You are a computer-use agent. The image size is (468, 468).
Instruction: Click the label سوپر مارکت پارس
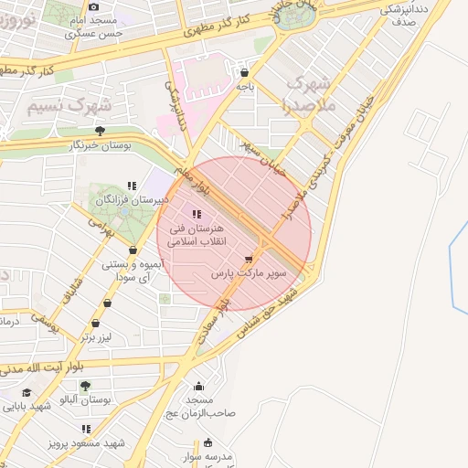coord(249,273)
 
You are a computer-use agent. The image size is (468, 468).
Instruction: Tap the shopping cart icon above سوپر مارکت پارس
coord(249,259)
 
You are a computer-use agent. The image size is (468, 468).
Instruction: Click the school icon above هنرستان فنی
coord(197,214)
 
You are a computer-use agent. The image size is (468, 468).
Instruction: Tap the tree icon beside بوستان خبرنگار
coord(100,131)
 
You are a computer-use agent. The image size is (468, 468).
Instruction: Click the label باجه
coord(245,87)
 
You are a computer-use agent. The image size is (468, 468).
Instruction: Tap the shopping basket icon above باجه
coord(244,72)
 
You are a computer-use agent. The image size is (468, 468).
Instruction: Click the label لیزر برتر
coord(94,337)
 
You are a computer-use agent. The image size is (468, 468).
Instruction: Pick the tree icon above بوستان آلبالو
coord(86,386)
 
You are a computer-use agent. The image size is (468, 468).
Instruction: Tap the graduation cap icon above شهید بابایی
coord(27,392)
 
